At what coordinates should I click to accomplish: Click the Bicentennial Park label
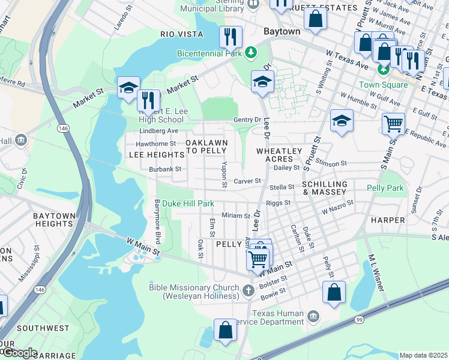pyautogui.click(x=209, y=53)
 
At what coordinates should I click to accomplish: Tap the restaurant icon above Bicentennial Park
pyautogui.click(x=231, y=37)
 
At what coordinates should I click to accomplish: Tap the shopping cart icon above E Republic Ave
pyautogui.click(x=393, y=124)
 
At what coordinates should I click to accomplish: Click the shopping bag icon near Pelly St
pyautogui.click(x=334, y=292)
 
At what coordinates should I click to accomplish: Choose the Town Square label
pyautogui.click(x=384, y=85)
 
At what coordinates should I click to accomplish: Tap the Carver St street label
pyautogui.click(x=247, y=181)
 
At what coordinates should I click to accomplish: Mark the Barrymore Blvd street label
pyautogui.click(x=158, y=221)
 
